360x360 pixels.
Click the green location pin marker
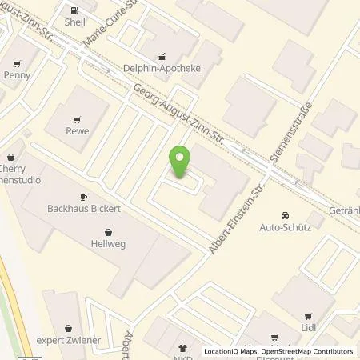[x=180, y=162]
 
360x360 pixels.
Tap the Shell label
[x=75, y=23]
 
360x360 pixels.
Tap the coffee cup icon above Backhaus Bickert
[x=83, y=197]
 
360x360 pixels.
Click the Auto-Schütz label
[x=285, y=227]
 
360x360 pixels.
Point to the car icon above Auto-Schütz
[x=285, y=215]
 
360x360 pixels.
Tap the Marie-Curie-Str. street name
[x=112, y=24]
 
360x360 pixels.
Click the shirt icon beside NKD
[x=181, y=349]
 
